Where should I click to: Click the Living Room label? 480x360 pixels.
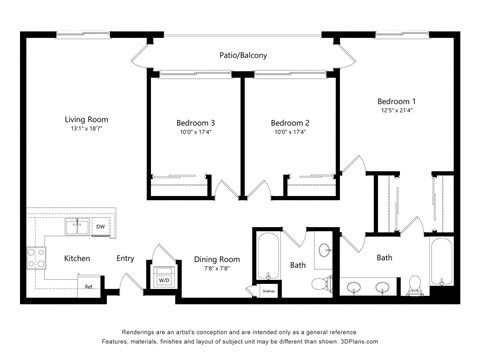[86, 119]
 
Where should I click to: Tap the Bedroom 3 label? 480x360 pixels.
[196, 123]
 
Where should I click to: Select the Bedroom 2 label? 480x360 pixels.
[290, 123]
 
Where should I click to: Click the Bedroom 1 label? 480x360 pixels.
[396, 102]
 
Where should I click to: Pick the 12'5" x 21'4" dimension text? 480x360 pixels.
[397, 112]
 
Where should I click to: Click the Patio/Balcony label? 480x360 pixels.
[243, 56]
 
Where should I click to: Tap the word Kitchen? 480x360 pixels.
[78, 259]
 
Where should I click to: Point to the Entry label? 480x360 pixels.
[125, 259]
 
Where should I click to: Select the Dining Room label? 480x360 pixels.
[217, 259]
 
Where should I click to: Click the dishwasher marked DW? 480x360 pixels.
[100, 228]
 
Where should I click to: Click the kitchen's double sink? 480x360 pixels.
[76, 228]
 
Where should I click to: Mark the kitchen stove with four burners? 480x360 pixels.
[37, 258]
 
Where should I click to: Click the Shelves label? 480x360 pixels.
[268, 292]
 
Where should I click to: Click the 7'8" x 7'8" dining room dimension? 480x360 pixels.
[217, 269]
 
